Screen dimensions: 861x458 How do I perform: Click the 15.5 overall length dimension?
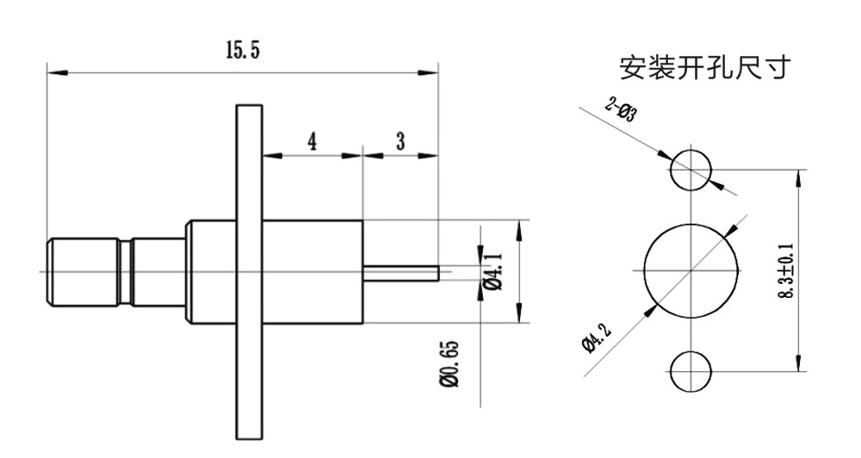242,51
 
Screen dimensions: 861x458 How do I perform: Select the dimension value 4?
312,142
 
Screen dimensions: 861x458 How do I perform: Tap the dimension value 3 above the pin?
400,141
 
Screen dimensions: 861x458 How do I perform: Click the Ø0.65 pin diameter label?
449,364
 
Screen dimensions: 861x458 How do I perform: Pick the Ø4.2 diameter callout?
595,338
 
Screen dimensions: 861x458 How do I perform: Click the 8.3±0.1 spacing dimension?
786,270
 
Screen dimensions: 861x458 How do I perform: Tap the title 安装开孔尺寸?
705,67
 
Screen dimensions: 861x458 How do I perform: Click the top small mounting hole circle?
691,150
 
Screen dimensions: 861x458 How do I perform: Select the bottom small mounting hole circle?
691,351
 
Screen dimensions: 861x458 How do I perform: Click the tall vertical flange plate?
250,272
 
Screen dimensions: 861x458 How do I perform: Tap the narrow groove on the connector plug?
126,272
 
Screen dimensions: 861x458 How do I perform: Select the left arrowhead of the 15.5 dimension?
58,72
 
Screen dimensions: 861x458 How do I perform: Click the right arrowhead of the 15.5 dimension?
428,72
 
